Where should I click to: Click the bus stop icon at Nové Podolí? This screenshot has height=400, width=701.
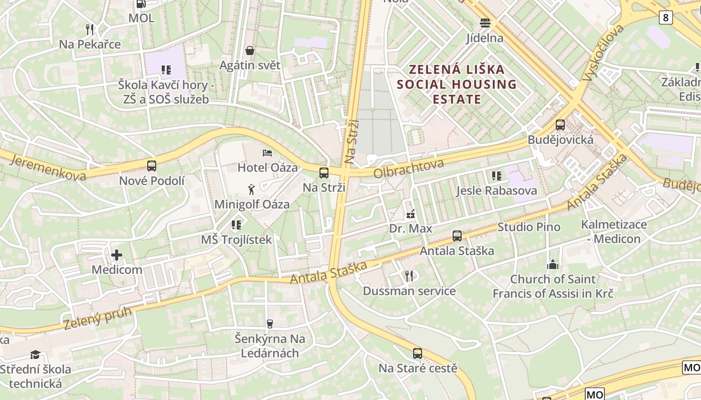tap(151, 165)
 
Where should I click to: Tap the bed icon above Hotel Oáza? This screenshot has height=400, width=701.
tap(267, 152)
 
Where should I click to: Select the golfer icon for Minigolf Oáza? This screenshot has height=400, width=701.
tap(251, 189)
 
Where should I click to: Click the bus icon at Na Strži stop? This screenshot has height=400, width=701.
tap(324, 173)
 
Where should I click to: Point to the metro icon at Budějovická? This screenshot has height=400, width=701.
tap(560, 125)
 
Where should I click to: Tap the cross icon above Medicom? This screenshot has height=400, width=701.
tap(117, 255)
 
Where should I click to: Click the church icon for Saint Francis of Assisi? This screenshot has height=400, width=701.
tap(553, 264)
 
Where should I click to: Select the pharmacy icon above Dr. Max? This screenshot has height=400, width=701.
tap(411, 214)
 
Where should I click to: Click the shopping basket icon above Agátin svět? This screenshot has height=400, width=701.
tap(250, 50)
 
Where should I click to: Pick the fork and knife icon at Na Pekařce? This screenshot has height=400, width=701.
tap(90, 29)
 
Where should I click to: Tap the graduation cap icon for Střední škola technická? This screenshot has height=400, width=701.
tap(35, 355)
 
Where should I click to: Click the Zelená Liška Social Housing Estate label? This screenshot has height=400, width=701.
tap(457, 84)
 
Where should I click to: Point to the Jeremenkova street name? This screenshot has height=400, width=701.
tap(48, 167)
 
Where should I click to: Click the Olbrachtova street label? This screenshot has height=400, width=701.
tap(409, 168)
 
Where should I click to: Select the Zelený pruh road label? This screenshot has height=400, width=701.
tap(98, 318)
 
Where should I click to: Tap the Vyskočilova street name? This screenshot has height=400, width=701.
tap(603, 52)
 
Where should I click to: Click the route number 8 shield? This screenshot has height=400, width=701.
tap(665, 17)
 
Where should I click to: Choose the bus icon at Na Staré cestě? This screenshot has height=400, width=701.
tap(418, 353)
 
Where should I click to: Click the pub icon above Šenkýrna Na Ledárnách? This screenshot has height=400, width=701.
tap(270, 324)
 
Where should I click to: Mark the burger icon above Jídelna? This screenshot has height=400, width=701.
tap(485, 22)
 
